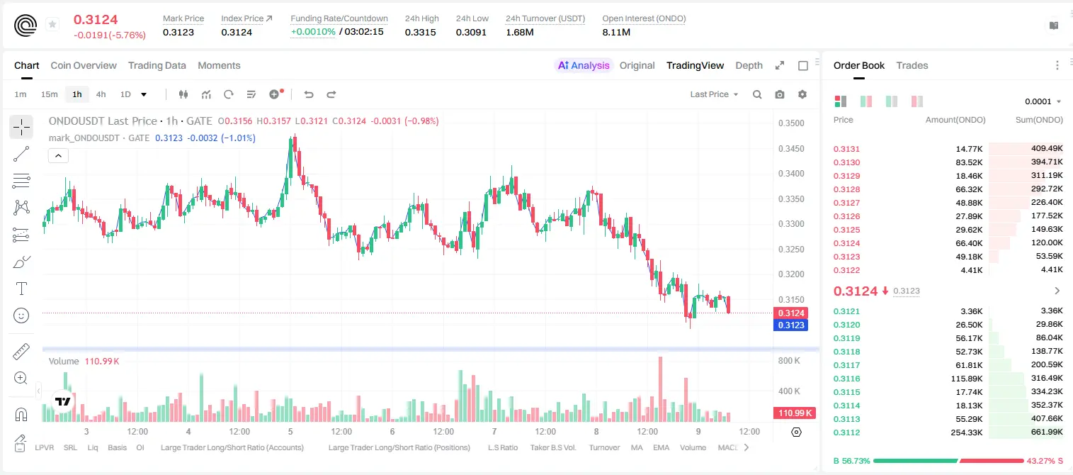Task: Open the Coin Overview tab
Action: click(84, 65)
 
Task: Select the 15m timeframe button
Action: click(49, 94)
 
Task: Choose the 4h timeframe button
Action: click(101, 94)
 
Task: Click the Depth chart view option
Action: click(749, 65)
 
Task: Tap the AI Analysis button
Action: click(584, 65)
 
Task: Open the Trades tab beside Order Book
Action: click(912, 65)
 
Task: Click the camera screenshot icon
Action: click(779, 94)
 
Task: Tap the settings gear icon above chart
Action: click(802, 94)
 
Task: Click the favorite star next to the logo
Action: click(52, 24)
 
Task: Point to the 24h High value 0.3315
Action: click(420, 32)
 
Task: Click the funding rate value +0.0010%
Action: click(313, 32)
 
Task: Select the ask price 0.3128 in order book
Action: click(846, 189)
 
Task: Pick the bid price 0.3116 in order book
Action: click(846, 379)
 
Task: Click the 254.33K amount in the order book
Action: click(966, 432)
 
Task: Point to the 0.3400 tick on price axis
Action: click(791, 174)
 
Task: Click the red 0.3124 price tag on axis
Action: click(790, 313)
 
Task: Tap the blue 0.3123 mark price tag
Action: click(790, 325)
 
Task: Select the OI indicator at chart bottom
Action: click(140, 447)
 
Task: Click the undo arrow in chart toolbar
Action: click(309, 94)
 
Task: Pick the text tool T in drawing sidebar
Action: click(21, 289)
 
